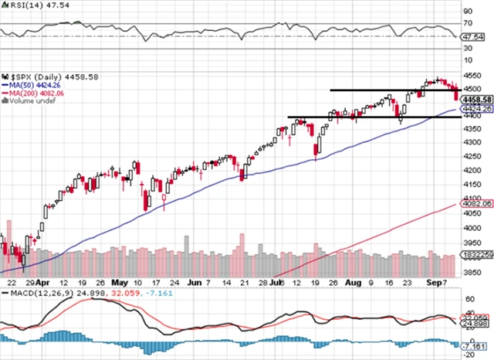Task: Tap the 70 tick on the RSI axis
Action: tap(468, 23)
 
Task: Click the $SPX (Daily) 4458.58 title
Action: tap(40, 77)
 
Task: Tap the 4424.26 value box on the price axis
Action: tap(472, 110)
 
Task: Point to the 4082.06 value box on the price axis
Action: tap(472, 204)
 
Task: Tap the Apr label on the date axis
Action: tap(42, 284)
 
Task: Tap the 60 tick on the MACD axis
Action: tap(468, 297)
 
